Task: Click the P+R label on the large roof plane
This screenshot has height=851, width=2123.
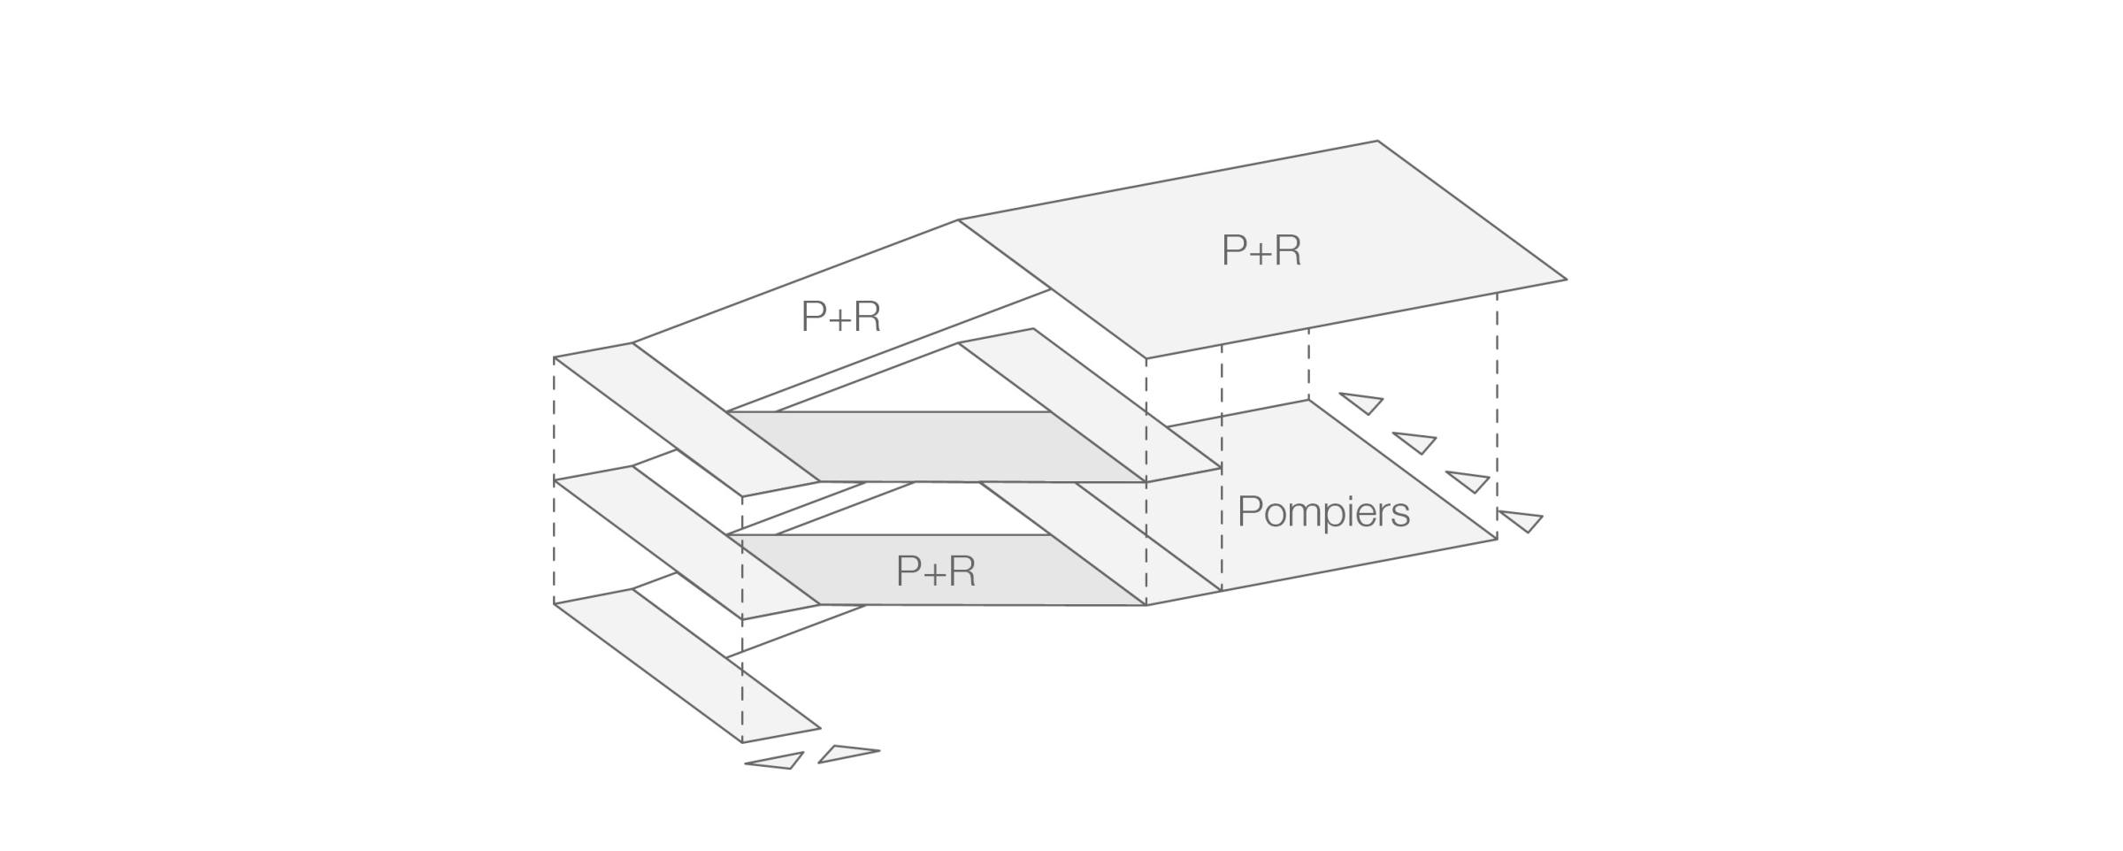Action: coord(1261,251)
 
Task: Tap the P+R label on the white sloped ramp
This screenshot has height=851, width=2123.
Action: coord(840,317)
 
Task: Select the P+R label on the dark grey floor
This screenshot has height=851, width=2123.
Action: coord(935,571)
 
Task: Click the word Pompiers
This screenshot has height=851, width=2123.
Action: coord(1322,512)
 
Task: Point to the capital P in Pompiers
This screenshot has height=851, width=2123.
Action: coord(1248,511)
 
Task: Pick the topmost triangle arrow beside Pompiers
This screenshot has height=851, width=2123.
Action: coord(1363,402)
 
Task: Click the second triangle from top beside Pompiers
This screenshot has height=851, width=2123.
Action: coord(1416,441)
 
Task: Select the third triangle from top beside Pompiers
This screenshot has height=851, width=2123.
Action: coord(1469,480)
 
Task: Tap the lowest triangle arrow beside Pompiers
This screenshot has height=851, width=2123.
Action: coord(1522,520)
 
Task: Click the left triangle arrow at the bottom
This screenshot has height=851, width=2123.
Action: coord(778,761)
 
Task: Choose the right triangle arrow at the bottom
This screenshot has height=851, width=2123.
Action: coord(845,754)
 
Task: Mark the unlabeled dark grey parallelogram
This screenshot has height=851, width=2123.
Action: coord(936,447)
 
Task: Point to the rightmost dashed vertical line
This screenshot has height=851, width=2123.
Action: coord(1497,416)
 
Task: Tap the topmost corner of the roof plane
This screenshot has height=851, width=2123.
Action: coord(1377,142)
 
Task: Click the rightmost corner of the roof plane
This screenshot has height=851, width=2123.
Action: coord(1565,280)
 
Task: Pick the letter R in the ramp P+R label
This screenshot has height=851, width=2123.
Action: coord(866,317)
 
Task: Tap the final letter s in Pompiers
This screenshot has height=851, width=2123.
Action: coord(1399,515)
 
